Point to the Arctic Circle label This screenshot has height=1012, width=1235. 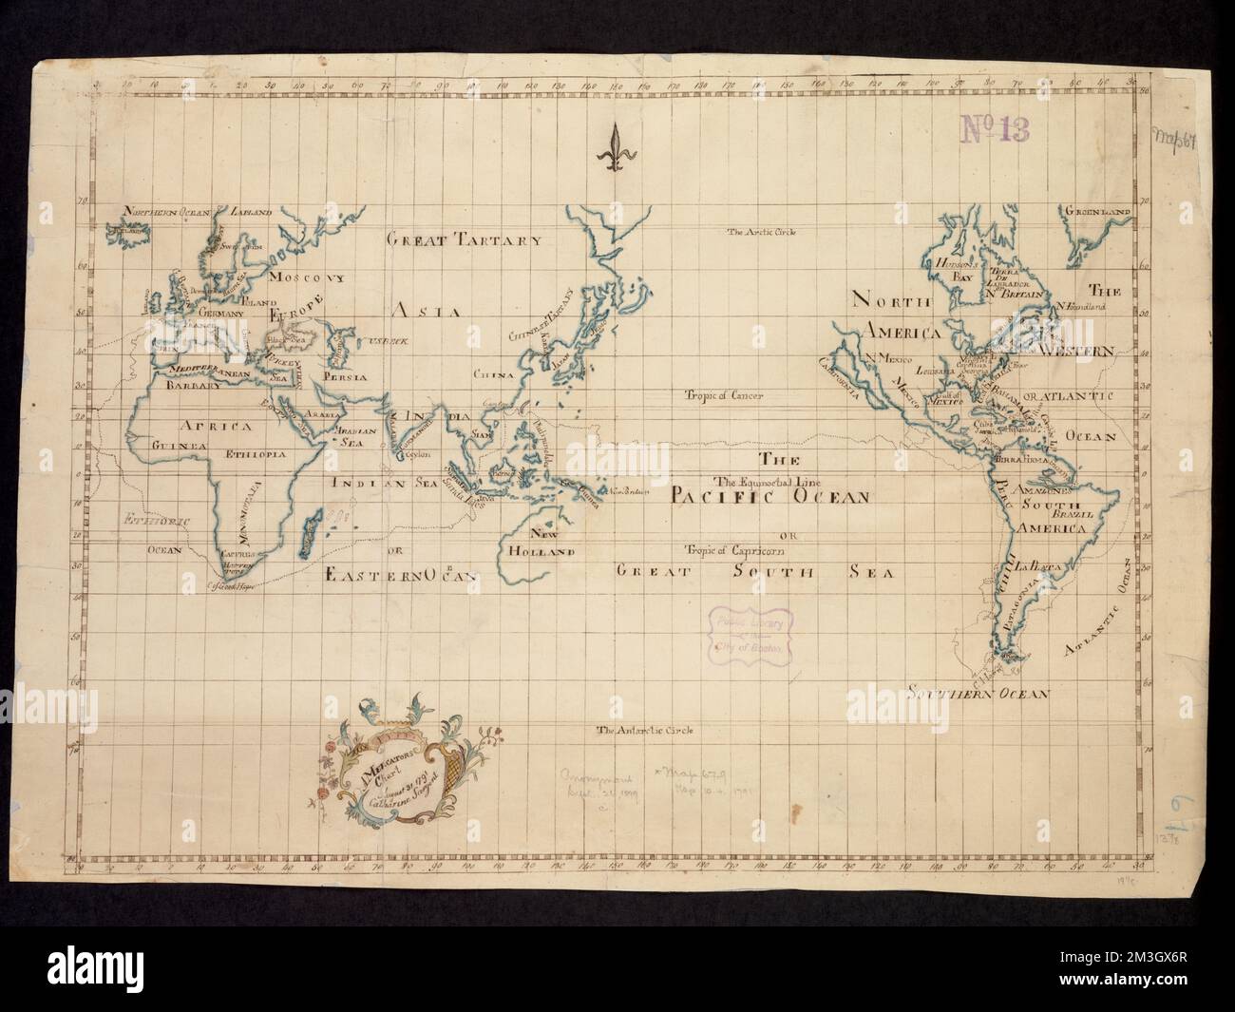pyautogui.click(x=760, y=232)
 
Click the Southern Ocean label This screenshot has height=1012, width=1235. pyautogui.click(x=978, y=693)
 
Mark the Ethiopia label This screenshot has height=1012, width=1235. pyautogui.click(x=254, y=455)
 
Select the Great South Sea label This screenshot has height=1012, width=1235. pyautogui.click(x=755, y=571)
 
